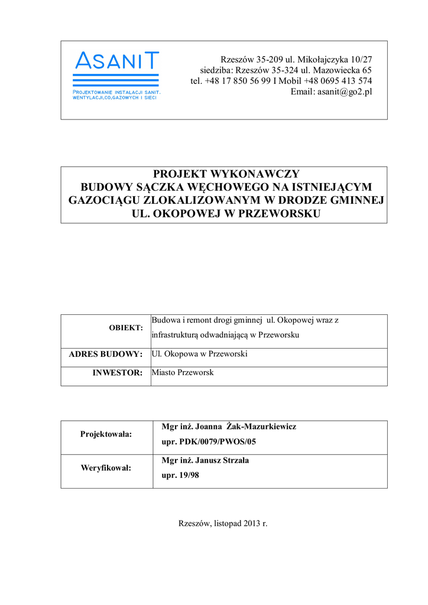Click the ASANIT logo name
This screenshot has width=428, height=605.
116,60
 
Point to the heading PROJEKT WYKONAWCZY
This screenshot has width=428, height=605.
226,174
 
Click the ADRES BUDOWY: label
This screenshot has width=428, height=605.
106,354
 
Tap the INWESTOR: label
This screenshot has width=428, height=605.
118,373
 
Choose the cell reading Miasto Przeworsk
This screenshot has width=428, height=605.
183,373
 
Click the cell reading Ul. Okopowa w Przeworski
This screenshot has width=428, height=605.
199,354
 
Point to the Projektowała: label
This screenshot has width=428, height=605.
106,434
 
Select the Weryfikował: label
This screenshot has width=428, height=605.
106,468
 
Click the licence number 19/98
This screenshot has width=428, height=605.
189,476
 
